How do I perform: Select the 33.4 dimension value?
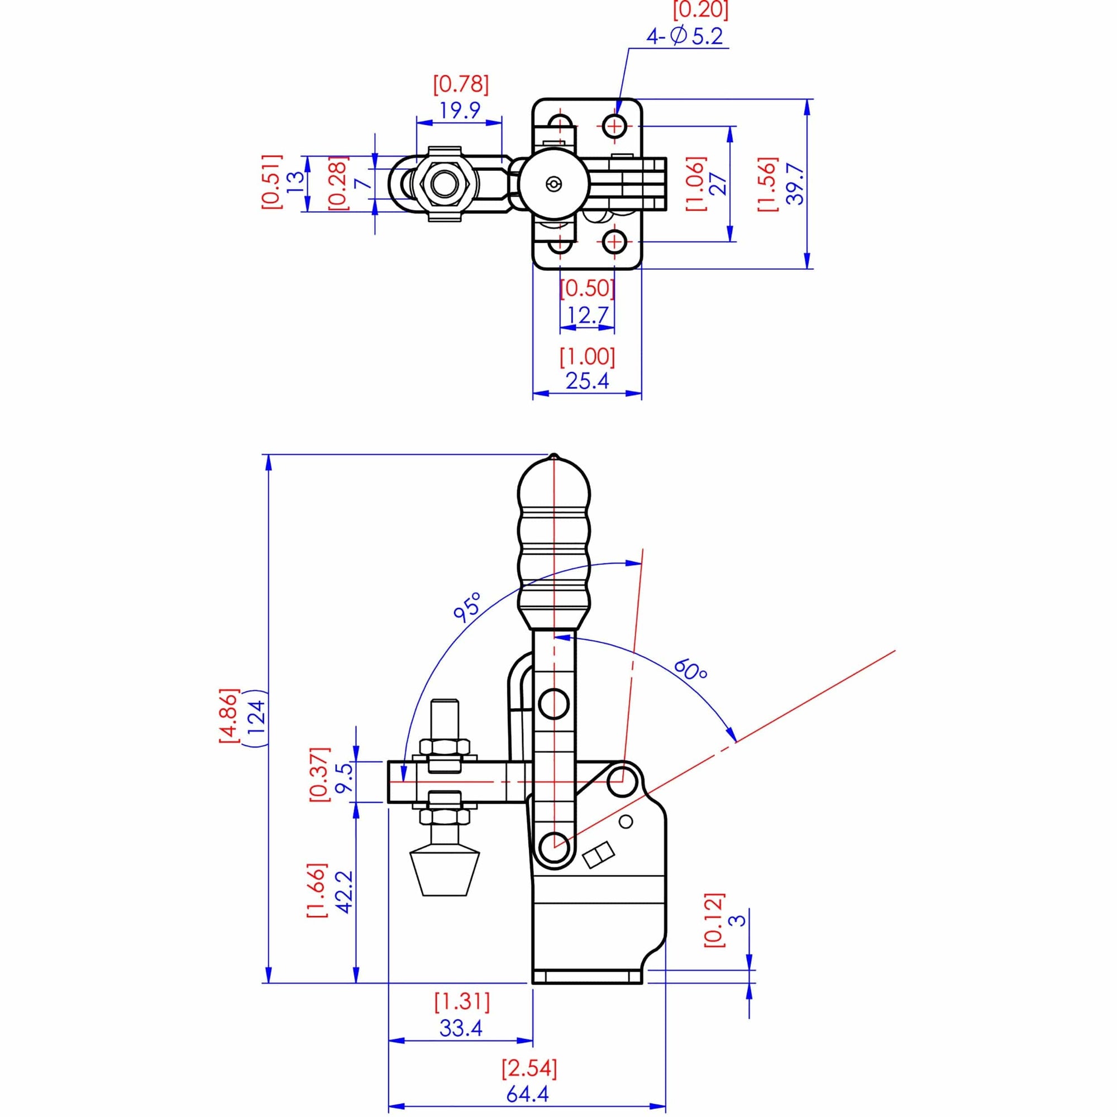point(461,1029)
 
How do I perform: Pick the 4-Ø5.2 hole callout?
point(685,36)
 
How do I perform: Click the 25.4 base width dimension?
point(587,381)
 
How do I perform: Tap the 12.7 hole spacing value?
point(587,315)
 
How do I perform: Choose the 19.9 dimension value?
point(460,110)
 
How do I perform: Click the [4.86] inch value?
point(229,717)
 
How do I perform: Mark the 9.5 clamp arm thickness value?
point(345,781)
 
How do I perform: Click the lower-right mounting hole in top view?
point(614,241)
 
